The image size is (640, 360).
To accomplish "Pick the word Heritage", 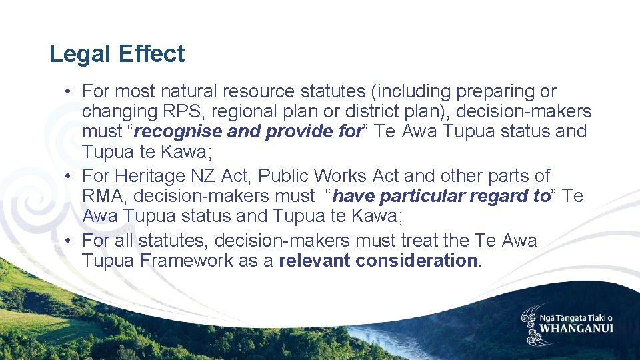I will [149, 176].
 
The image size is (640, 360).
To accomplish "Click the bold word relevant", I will [314, 261].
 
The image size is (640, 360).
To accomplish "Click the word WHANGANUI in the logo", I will [577, 328].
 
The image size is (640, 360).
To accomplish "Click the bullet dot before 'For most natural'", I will [69, 91].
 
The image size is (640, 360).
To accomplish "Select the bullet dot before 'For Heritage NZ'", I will [69, 176].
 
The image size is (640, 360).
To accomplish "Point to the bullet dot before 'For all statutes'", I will [69, 241].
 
